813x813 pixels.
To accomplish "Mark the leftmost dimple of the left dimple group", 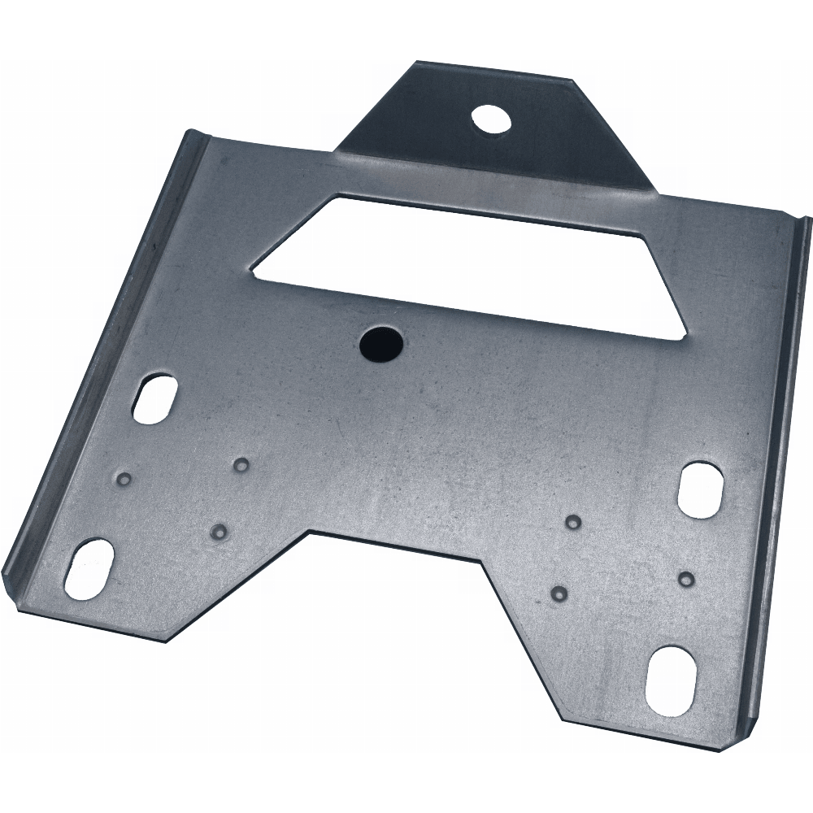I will pyautogui.click(x=124, y=477).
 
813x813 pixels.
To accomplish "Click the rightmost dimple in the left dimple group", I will pyautogui.click(x=241, y=465).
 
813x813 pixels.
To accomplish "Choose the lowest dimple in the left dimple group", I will pyautogui.click(x=218, y=531).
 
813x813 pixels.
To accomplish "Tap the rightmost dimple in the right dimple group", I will pyautogui.click(x=687, y=578).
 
